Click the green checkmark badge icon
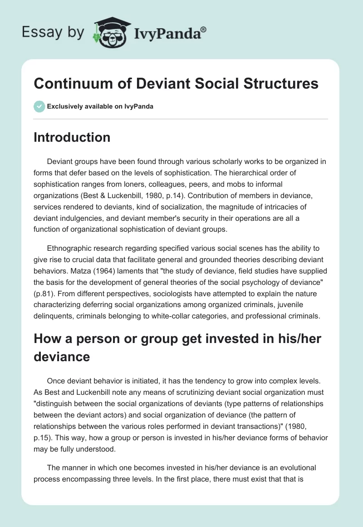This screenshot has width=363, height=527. tap(39, 106)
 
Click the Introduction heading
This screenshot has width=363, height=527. tap(72, 137)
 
